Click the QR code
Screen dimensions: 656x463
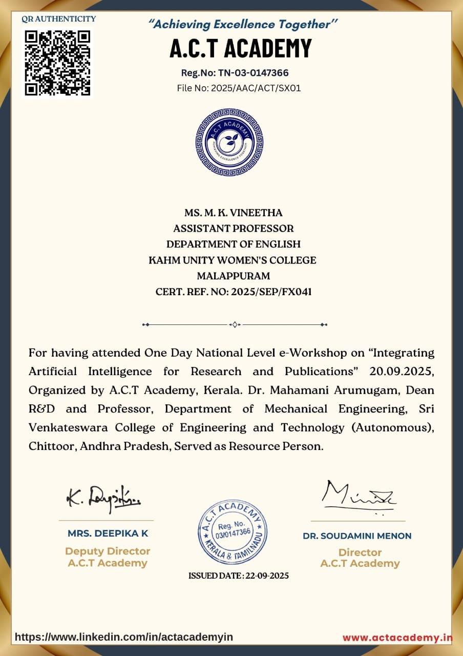click(58, 63)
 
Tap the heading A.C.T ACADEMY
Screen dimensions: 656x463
click(241, 49)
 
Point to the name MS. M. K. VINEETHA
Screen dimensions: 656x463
click(234, 213)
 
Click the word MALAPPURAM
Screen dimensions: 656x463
click(234, 276)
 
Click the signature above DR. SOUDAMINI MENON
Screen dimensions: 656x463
click(359, 494)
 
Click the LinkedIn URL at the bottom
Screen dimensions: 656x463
click(124, 637)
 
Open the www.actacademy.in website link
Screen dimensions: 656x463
click(397, 638)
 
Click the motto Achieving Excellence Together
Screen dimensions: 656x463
click(243, 24)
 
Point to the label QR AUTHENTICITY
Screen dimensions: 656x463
click(58, 19)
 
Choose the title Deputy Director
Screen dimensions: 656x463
click(108, 551)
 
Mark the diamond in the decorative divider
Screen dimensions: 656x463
click(234, 324)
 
